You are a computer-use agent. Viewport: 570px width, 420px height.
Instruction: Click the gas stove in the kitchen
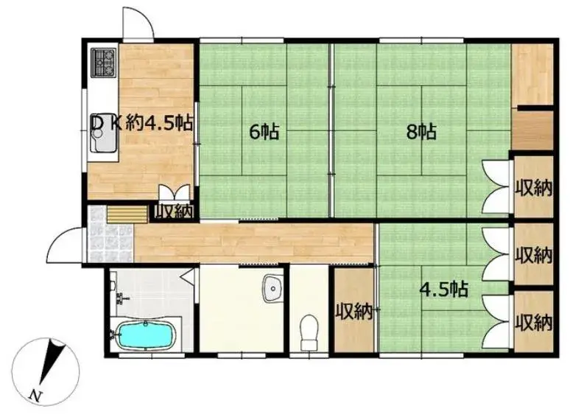103,63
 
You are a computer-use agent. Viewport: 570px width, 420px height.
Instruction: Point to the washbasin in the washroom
273,288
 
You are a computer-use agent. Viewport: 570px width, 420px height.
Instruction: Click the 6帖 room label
264,132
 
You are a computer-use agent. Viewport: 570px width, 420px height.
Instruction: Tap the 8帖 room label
421,132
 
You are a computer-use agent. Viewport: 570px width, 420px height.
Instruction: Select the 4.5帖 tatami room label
443,290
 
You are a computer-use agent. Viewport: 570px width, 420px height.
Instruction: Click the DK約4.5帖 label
142,123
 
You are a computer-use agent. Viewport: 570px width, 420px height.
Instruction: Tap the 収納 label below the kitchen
173,211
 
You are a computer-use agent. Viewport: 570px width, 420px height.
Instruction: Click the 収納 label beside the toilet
353,312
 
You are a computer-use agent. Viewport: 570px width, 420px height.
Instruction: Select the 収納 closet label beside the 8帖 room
533,189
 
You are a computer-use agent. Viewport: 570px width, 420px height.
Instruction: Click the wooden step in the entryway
127,214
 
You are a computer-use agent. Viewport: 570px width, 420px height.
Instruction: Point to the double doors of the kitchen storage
175,192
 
